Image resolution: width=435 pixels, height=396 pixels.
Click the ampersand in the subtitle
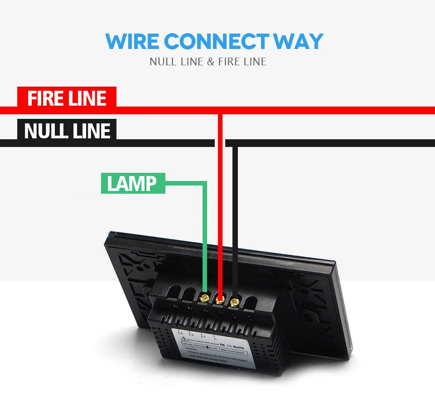210,61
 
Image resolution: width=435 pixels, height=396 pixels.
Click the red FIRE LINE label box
67,98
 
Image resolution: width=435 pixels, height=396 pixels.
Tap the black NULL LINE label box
67,131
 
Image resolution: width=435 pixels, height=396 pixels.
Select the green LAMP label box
133,183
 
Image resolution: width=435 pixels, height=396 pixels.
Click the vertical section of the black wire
235,218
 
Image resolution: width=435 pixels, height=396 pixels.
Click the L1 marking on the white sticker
203,336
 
